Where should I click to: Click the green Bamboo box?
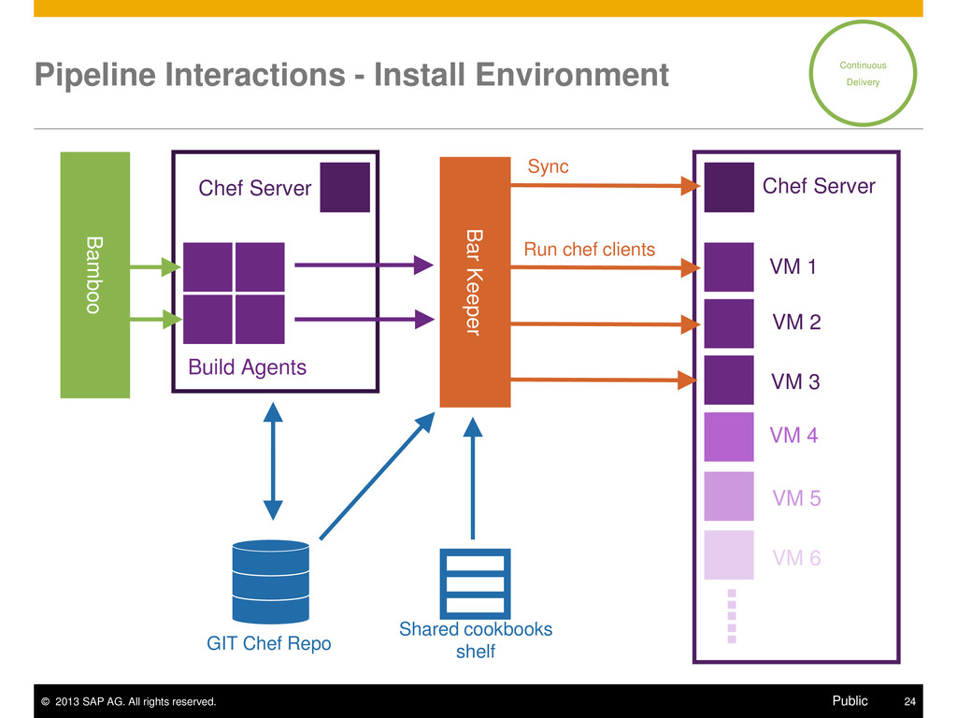pyautogui.click(x=95, y=275)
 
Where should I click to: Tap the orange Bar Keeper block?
pyautogui.click(x=475, y=282)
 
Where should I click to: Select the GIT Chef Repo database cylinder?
pyautogui.click(x=270, y=582)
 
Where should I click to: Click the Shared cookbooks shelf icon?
pyautogui.click(x=475, y=583)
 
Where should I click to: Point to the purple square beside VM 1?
pyautogui.click(x=729, y=266)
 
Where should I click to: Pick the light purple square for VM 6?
pyautogui.click(x=729, y=554)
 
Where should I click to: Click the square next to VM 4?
pyautogui.click(x=729, y=437)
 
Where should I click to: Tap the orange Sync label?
pyautogui.click(x=548, y=166)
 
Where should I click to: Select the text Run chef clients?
pyautogui.click(x=589, y=249)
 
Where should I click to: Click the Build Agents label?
pyautogui.click(x=247, y=366)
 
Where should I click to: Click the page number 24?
pyautogui.click(x=909, y=701)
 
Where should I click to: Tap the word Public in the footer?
pyautogui.click(x=850, y=701)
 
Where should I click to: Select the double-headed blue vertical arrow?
pyautogui.click(x=273, y=461)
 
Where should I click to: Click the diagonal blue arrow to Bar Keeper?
pyautogui.click(x=378, y=476)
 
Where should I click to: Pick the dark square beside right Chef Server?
pyautogui.click(x=729, y=187)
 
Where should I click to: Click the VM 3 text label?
pyautogui.click(x=795, y=381)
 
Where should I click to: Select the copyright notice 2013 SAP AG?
pyautogui.click(x=128, y=701)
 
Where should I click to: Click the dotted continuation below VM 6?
pyautogui.click(x=732, y=616)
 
